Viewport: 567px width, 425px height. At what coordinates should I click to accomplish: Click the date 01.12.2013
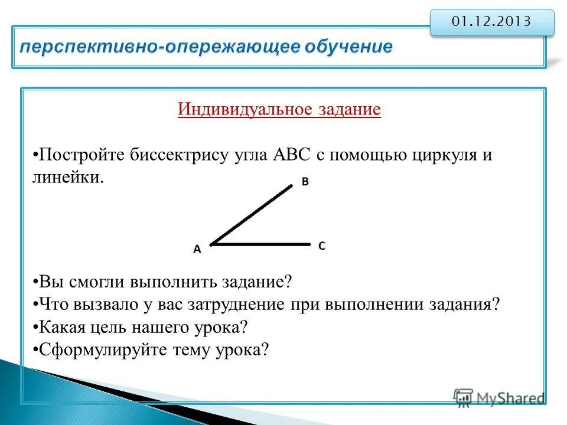pos(491,22)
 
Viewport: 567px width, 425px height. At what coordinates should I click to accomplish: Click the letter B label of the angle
pos(305,182)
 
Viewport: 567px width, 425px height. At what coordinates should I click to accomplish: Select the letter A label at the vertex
pos(197,249)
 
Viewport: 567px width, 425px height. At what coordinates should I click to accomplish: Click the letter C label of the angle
pos(321,245)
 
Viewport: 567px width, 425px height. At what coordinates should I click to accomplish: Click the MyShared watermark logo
pos(499,398)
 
